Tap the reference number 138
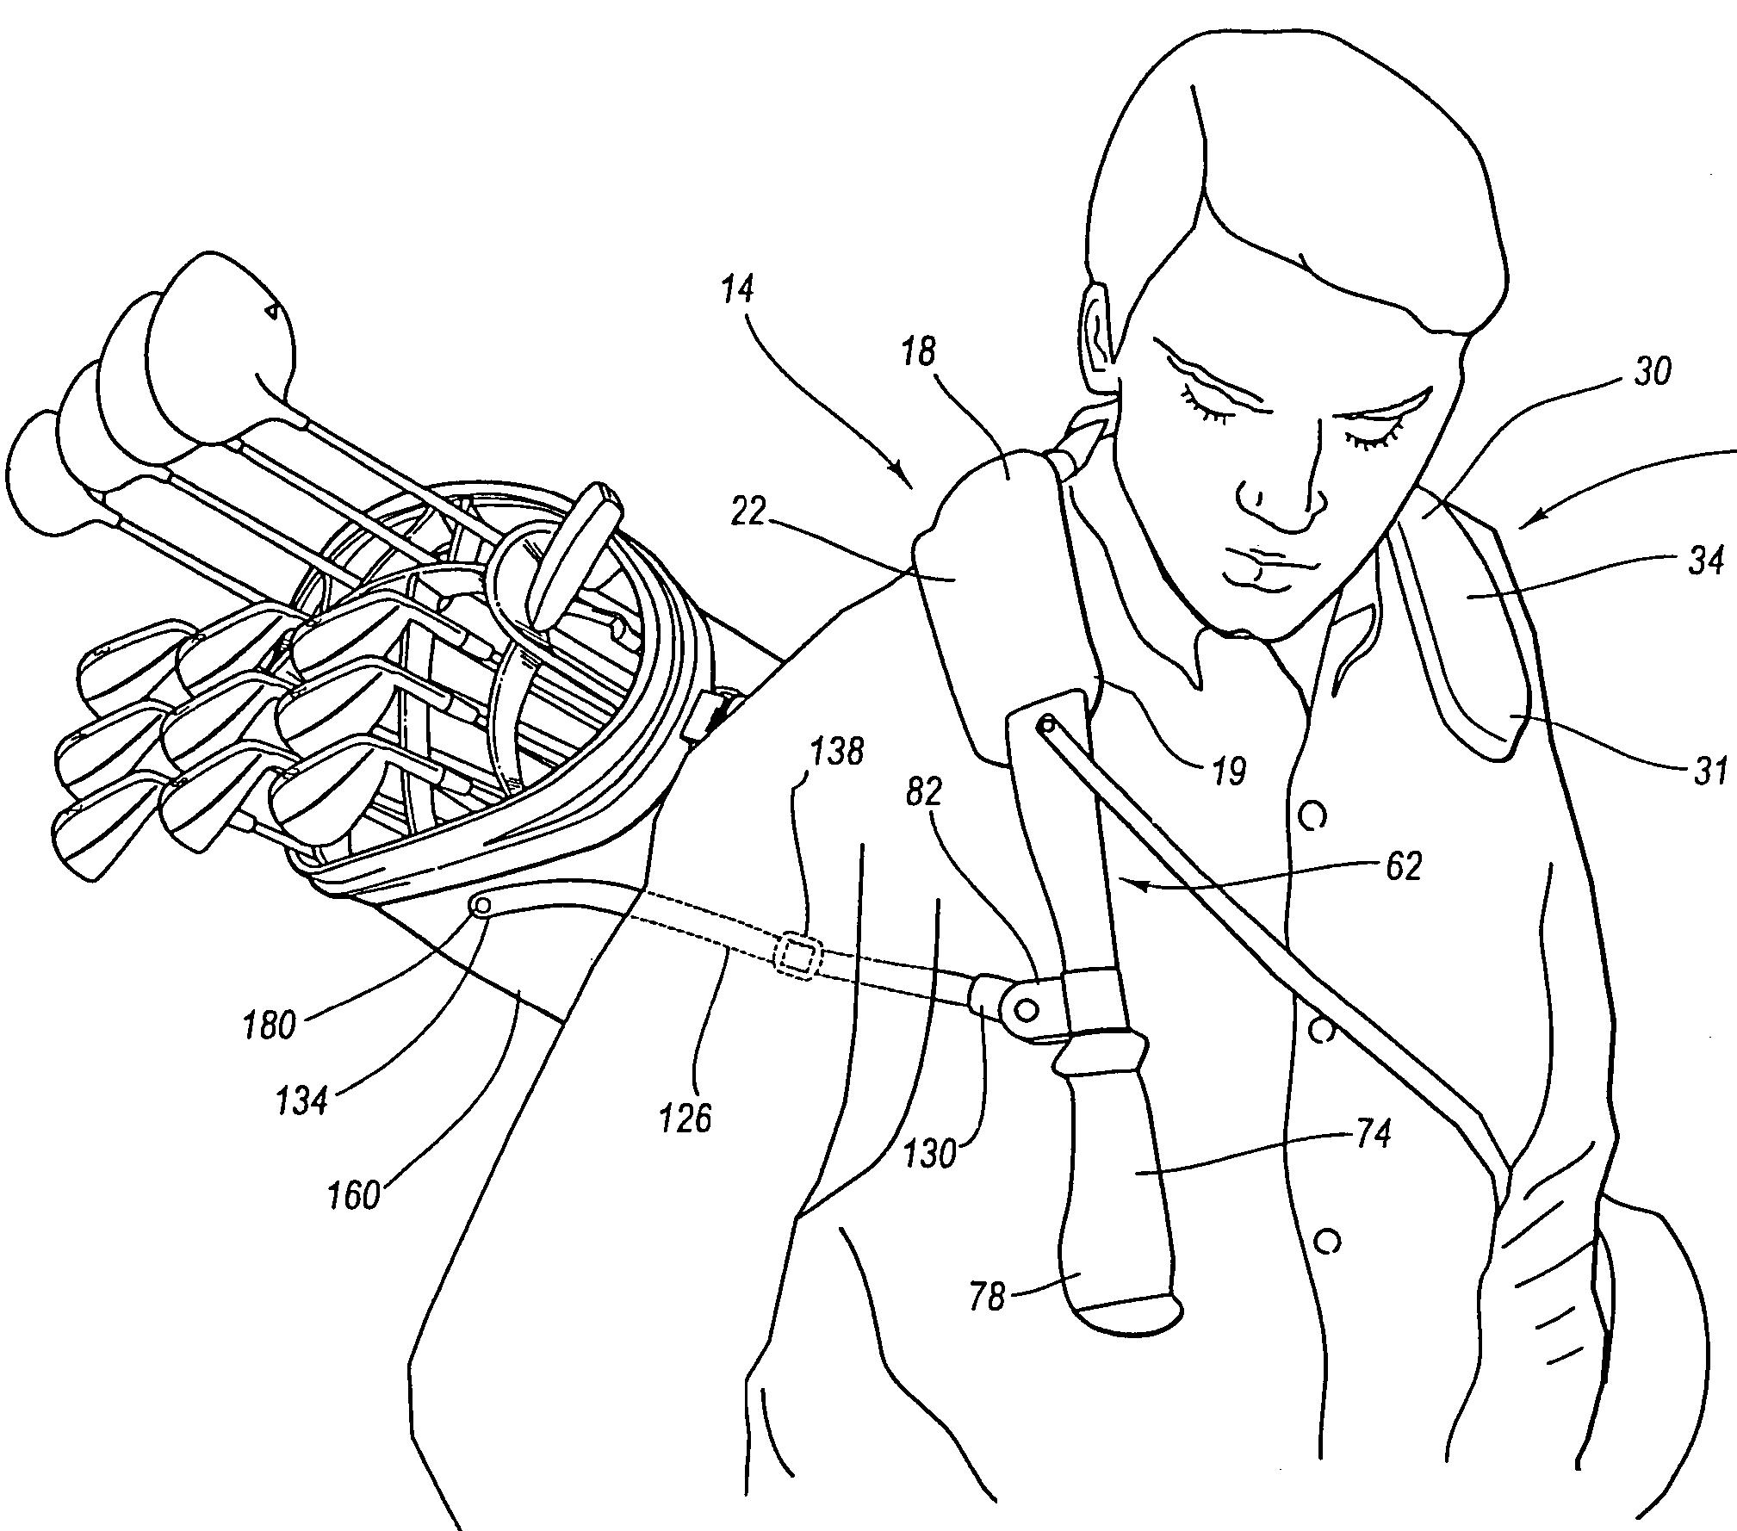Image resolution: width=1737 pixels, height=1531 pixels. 837,752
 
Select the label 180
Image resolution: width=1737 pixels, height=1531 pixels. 270,1026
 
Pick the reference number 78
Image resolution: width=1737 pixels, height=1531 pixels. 988,1297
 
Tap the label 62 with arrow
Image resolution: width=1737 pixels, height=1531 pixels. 1403,866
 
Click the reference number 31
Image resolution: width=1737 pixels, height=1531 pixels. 1709,772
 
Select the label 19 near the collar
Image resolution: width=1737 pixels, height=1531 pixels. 1229,772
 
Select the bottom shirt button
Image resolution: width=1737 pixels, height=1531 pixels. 1327,1241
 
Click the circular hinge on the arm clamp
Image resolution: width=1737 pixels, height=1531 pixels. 1026,1008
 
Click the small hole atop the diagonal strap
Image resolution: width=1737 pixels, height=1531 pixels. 1045,724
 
